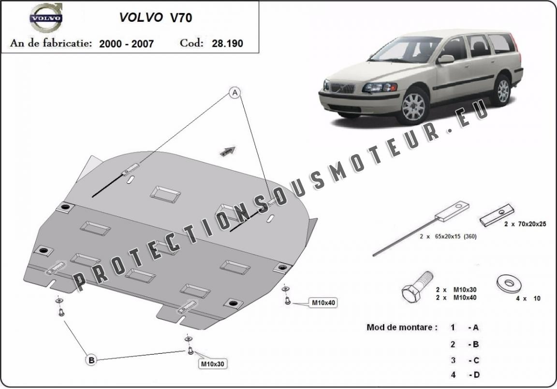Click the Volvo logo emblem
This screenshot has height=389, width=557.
pyautogui.click(x=46, y=18)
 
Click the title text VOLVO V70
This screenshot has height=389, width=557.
pyautogui.click(x=156, y=17)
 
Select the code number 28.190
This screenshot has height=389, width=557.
pyautogui.click(x=227, y=43)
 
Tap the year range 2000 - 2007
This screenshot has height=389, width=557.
pyautogui.click(x=127, y=43)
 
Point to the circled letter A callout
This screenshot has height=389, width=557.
pyautogui.click(x=235, y=93)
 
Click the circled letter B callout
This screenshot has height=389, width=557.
pyautogui.click(x=91, y=360)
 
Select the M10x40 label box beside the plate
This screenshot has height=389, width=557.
pyautogui.click(x=323, y=303)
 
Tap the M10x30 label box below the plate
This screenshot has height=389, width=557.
pyautogui.click(x=212, y=364)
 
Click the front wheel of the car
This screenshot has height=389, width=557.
pyautogui.click(x=413, y=106)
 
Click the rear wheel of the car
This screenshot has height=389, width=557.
pyautogui.click(x=502, y=91)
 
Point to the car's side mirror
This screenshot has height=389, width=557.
pyautogui.click(x=445, y=59)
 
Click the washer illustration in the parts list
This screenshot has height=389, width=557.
pyautogui.click(x=509, y=284)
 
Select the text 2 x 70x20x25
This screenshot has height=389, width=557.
pyautogui.click(x=525, y=224)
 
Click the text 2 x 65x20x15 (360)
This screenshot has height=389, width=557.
pyautogui.click(x=448, y=236)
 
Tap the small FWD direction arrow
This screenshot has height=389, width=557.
pyautogui.click(x=228, y=151)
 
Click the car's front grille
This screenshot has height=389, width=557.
pyautogui.click(x=342, y=88)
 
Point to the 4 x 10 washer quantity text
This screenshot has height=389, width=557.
pyautogui.click(x=528, y=299)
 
